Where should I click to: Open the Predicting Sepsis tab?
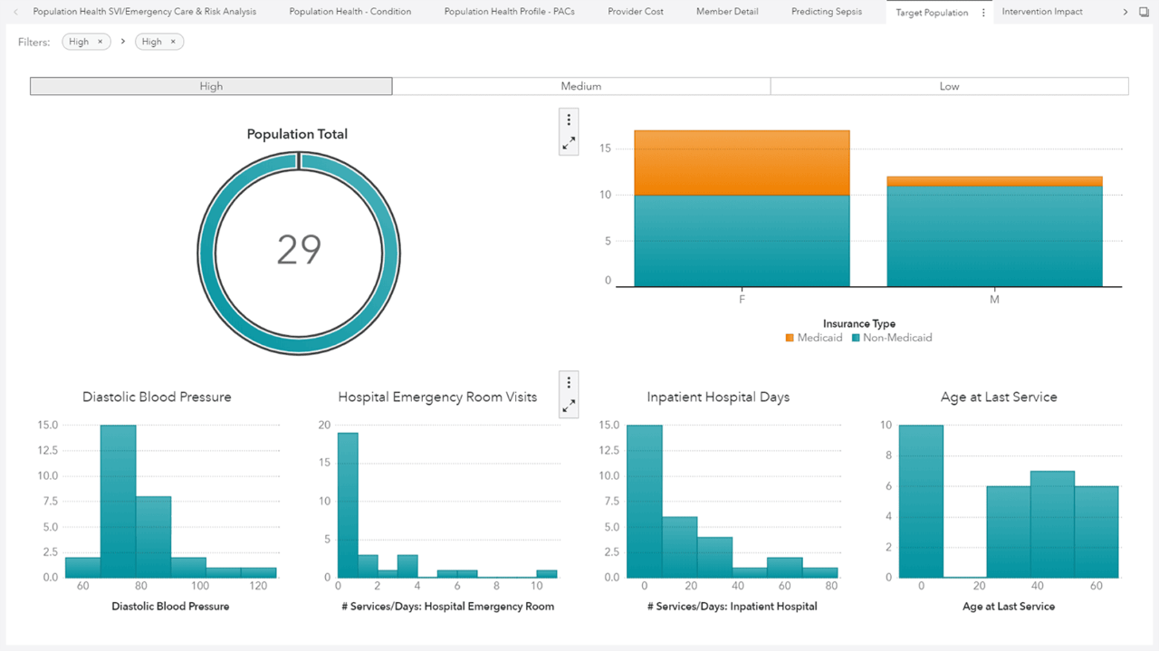pyautogui.click(x=826, y=12)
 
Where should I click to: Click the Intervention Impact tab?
pyautogui.click(x=1041, y=12)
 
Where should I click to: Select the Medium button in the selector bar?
pyautogui.click(x=580, y=86)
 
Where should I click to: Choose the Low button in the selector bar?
pyautogui.click(x=949, y=86)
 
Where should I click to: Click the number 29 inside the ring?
pyautogui.click(x=299, y=249)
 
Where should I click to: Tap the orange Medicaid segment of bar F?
pyautogui.click(x=742, y=163)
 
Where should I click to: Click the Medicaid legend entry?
pyautogui.click(x=813, y=338)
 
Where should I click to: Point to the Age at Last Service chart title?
pyautogui.click(x=999, y=397)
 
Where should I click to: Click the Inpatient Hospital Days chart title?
pyautogui.click(x=718, y=397)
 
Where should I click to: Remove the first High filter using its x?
pyautogui.click(x=100, y=42)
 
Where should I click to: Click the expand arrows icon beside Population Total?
pyautogui.click(x=569, y=143)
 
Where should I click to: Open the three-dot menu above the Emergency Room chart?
pyautogui.click(x=569, y=382)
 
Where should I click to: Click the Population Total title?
pyautogui.click(x=297, y=134)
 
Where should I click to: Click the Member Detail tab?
pyautogui.click(x=727, y=12)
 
